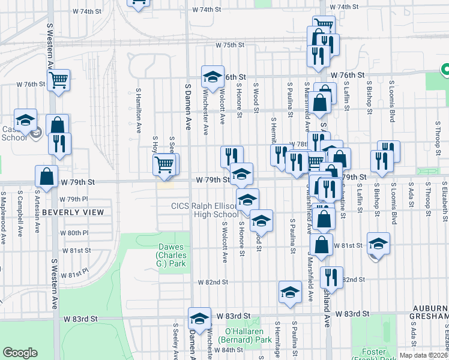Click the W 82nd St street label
coord(214,282)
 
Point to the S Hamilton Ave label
coord(138,108)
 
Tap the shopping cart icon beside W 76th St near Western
coord(59,80)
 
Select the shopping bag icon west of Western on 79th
coord(46,176)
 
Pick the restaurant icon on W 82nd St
coord(331,277)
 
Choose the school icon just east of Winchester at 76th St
coord(212,76)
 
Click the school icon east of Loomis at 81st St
coord(378,243)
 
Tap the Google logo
coord(20,353)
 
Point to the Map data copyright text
coord(424,355)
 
